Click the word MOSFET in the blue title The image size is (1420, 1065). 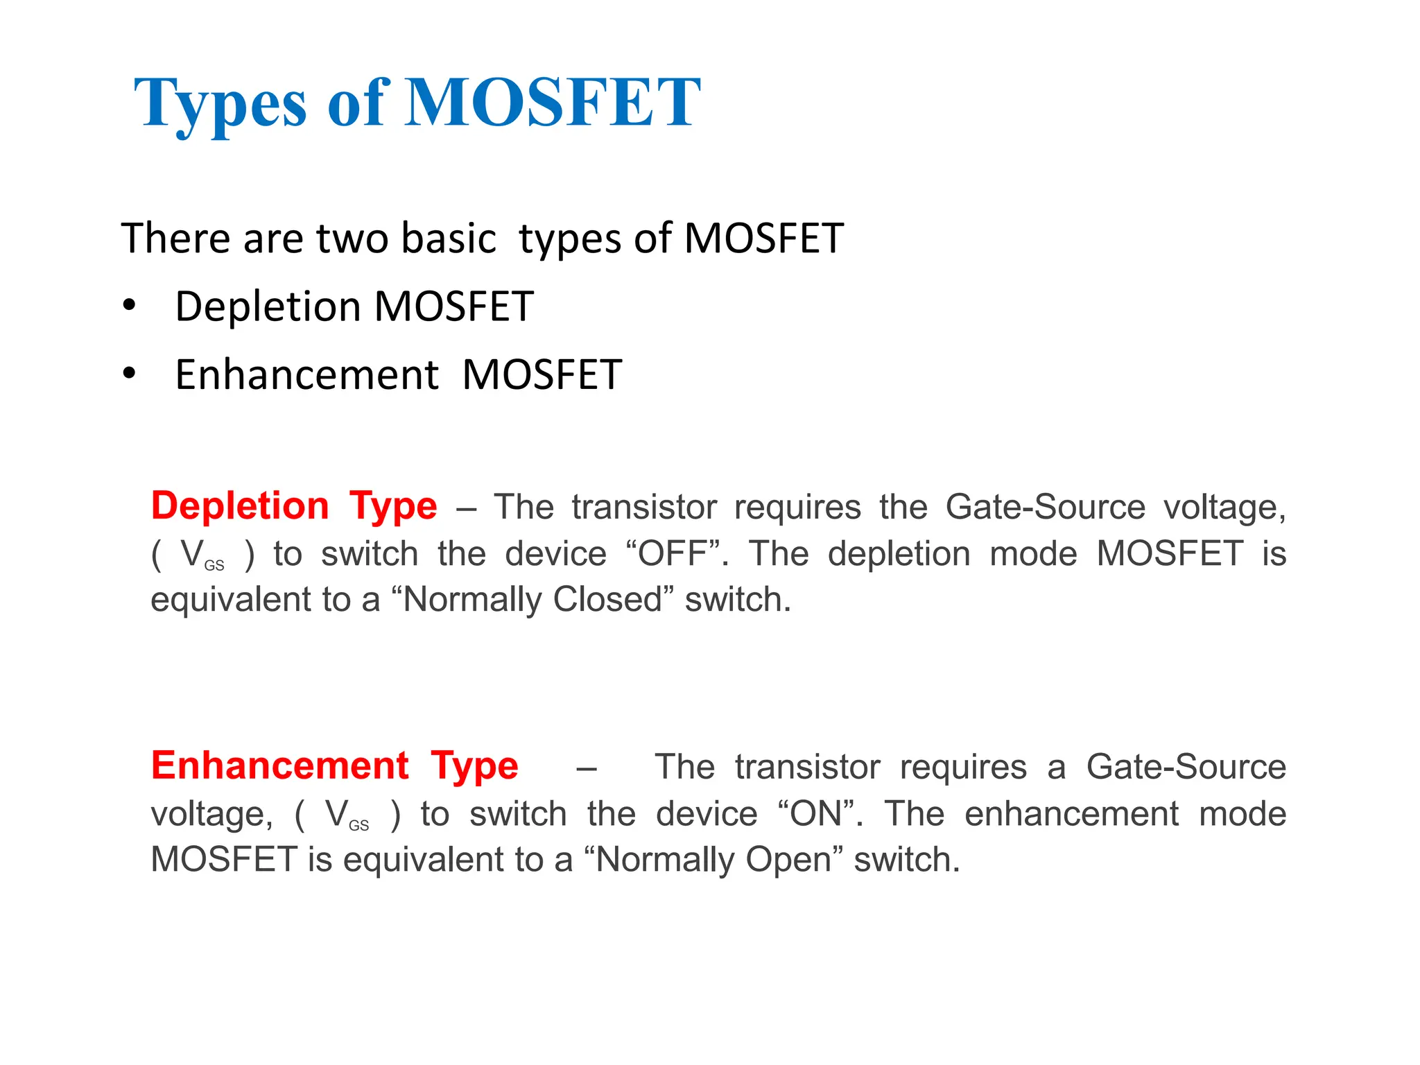coord(552,103)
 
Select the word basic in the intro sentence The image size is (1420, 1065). coord(449,239)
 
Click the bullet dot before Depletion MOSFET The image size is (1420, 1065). coord(129,306)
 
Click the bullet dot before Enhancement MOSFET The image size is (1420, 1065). coord(129,374)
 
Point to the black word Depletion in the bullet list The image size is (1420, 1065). coord(268,306)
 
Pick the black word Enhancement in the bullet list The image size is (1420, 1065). coord(306,375)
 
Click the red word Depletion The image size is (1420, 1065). coord(240,506)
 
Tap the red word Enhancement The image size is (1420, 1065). coord(280,766)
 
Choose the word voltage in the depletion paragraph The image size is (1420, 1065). coord(1224,508)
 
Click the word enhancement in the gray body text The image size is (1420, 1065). coord(1071,814)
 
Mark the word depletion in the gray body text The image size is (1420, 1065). coord(899,554)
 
